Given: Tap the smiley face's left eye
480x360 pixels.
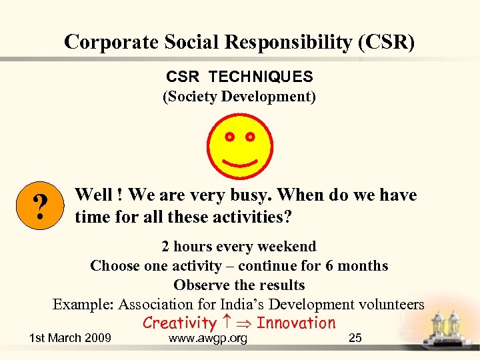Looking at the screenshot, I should (229, 137).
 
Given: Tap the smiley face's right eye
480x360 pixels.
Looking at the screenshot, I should (250, 137).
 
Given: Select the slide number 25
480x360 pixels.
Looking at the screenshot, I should (355, 338).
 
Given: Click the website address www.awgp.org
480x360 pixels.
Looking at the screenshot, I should (208, 339).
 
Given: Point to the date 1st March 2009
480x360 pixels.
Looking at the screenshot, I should (70, 338).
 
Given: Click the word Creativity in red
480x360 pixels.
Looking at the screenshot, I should (179, 323).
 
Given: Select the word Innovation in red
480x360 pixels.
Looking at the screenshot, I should (296, 323).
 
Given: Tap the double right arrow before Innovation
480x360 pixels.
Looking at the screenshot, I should (244, 323).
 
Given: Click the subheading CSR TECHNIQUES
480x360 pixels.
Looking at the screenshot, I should (239, 77).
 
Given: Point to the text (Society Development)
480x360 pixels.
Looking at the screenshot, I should (239, 97).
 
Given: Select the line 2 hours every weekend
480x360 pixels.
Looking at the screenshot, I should (239, 247).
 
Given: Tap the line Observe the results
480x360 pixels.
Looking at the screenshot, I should (239, 285).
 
